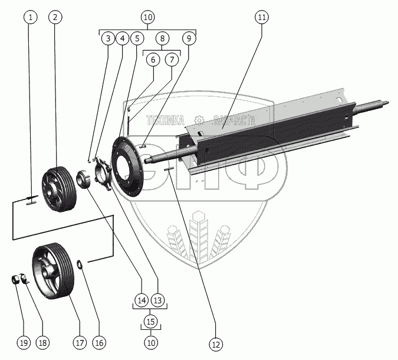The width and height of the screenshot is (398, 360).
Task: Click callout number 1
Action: tap(31, 17)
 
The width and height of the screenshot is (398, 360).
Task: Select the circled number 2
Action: tap(55, 17)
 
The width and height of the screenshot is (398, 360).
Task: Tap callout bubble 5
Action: tap(137, 39)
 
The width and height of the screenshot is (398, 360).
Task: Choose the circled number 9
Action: tap(189, 39)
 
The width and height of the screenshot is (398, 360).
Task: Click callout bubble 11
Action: tap(261, 17)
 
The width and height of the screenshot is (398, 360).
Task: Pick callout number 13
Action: tap(157, 300)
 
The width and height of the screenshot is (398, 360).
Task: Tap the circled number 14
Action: tap(140, 300)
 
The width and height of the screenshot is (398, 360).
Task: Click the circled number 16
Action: tap(98, 342)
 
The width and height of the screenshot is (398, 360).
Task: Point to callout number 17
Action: tap(79, 342)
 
